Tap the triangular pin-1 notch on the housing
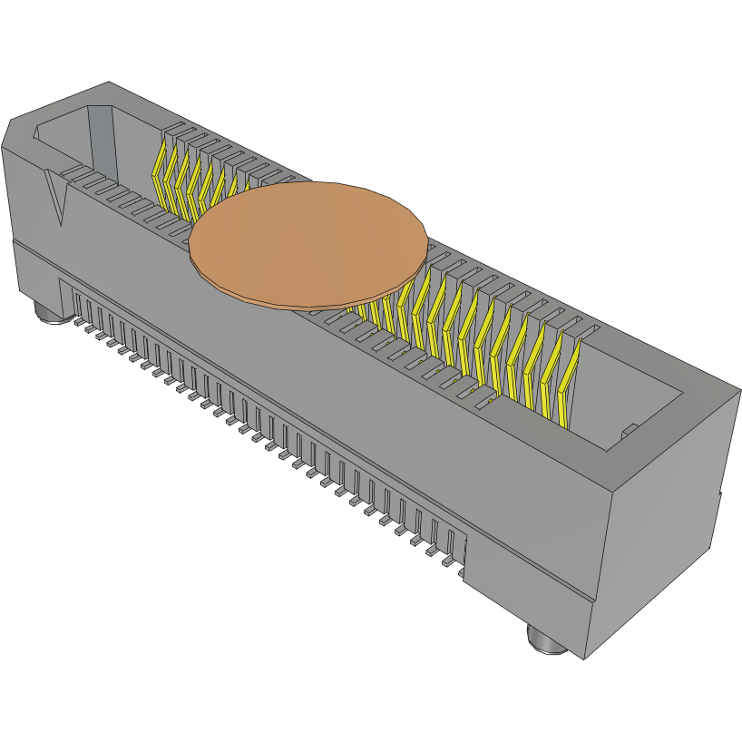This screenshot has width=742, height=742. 59,200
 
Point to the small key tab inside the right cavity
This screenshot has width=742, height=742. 626,429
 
